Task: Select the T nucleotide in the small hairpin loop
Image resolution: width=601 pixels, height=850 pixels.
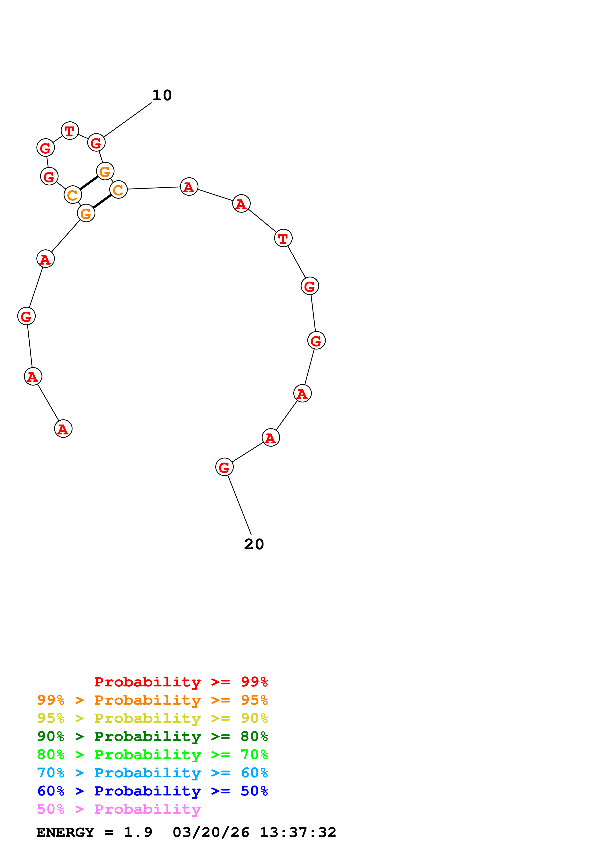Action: (x=70, y=131)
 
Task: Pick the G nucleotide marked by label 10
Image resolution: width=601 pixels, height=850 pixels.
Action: (x=96, y=142)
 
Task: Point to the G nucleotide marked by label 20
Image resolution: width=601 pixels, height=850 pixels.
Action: (x=224, y=467)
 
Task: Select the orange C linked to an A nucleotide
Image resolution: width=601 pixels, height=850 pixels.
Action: (x=119, y=190)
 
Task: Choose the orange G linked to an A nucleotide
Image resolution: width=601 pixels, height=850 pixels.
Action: (x=86, y=213)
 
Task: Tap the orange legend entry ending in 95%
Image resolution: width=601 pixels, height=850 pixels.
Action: (x=152, y=700)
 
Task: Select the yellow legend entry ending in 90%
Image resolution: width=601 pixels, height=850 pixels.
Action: (x=152, y=718)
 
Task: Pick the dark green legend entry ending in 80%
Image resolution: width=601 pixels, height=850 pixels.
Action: (x=152, y=736)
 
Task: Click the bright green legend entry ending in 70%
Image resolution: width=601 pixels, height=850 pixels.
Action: (x=152, y=755)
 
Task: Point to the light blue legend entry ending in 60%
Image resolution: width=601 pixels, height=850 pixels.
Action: (x=152, y=773)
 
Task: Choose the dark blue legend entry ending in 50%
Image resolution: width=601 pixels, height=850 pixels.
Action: (x=152, y=791)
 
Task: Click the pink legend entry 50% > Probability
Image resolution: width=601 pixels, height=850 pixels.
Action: (x=119, y=809)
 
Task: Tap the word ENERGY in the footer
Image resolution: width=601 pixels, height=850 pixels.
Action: (x=65, y=833)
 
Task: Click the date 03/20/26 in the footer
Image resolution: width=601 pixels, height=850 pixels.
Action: (x=211, y=833)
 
